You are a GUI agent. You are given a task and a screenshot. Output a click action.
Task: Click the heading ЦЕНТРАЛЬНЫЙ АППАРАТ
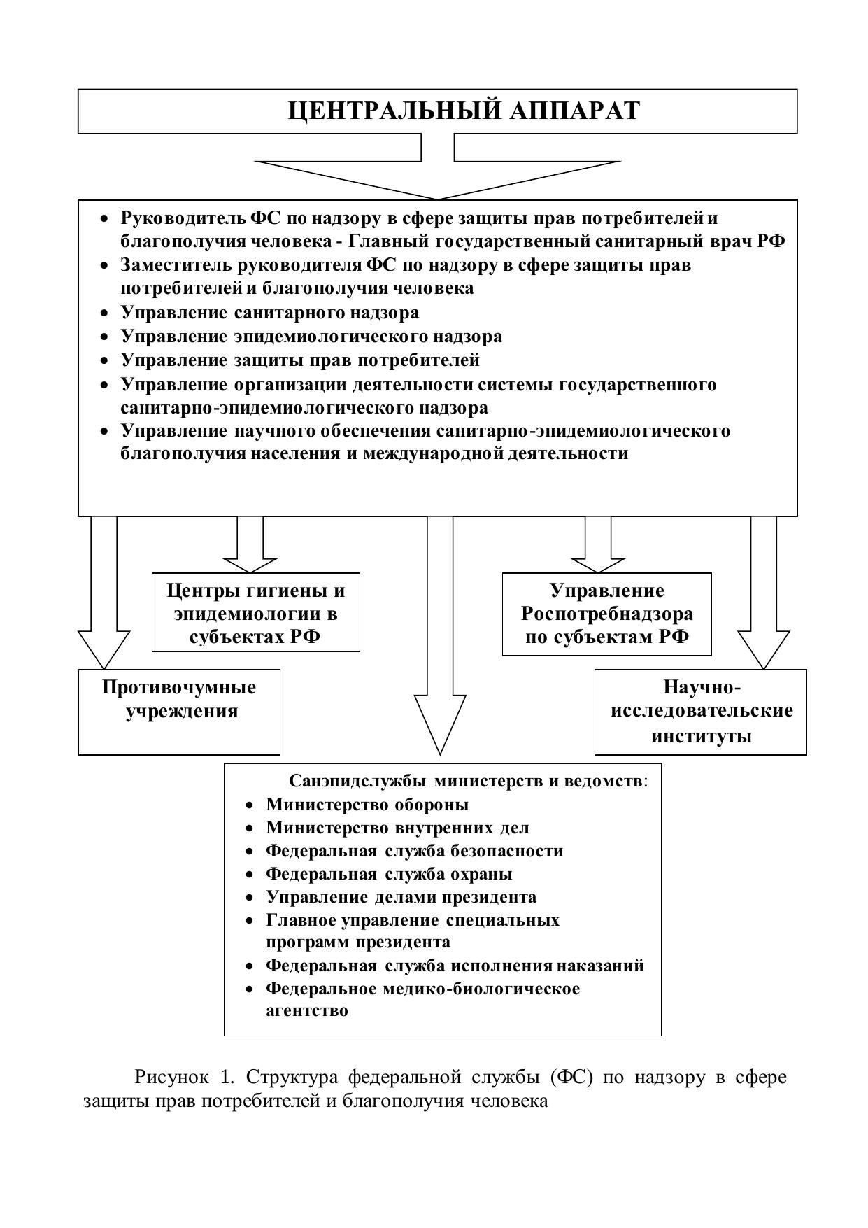[464, 111]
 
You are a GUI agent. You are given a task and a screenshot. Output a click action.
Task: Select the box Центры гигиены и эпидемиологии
[256, 614]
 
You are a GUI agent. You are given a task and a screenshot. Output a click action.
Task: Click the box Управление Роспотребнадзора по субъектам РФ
[606, 614]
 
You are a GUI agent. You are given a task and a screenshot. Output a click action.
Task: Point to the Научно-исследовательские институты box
[701, 712]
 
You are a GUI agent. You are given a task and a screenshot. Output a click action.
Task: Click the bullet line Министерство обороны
[367, 805]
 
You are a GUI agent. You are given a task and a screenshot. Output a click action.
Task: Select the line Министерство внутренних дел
[397, 828]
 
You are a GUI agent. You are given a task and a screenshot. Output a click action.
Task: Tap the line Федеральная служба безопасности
[414, 851]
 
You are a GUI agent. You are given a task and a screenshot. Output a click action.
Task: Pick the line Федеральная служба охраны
[389, 874]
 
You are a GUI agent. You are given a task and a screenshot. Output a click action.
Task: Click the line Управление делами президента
[401, 897]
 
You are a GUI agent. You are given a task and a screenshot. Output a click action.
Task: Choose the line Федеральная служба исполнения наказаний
[455, 966]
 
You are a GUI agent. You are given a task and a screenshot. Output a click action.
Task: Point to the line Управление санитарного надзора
[270, 312]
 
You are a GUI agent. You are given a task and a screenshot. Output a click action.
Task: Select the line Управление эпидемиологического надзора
[311, 337]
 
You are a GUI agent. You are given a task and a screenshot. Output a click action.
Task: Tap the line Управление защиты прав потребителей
[300, 360]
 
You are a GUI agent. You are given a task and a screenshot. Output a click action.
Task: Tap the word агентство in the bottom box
[306, 1011]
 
